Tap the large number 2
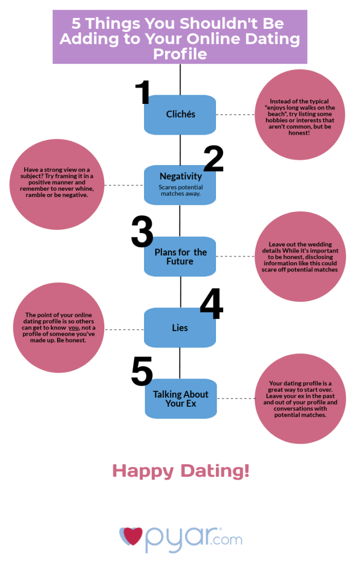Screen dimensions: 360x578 tap(214, 158)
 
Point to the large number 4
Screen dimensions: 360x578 tap(212, 303)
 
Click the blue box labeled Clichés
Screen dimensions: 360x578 tap(180, 115)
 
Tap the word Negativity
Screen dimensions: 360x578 tap(181, 176)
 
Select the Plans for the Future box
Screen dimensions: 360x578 tap(180, 257)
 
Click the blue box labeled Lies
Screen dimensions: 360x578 tap(180, 328)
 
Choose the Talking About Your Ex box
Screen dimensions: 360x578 tap(181, 399)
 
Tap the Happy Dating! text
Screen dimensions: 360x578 tap(181, 472)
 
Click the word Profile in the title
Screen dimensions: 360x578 tap(180, 54)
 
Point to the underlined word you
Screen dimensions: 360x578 tap(74, 328)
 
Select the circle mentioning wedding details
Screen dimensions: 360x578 tap(300, 257)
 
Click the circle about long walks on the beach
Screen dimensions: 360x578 tap(300, 115)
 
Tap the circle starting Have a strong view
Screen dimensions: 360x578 tap(57, 184)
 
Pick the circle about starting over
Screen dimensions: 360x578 tap(300, 399)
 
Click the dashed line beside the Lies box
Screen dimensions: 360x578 tap(124, 330)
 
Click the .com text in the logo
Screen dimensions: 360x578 tap(227, 539)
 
